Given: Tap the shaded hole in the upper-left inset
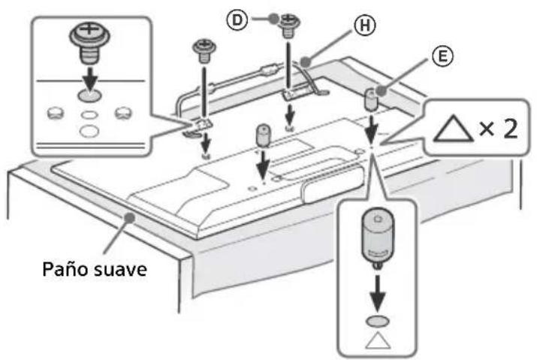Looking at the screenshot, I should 88,95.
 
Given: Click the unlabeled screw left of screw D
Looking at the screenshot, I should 203,50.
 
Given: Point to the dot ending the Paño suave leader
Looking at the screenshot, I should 132,216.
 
